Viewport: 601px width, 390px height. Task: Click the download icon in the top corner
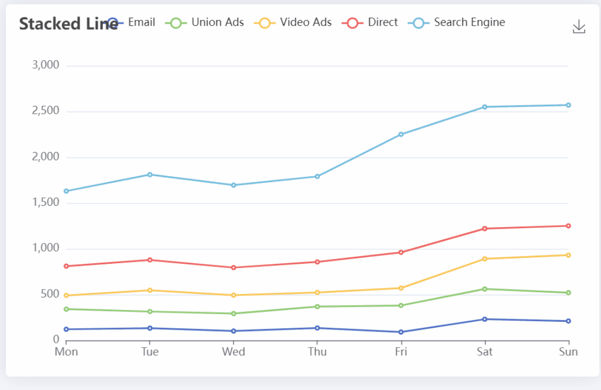click(x=578, y=27)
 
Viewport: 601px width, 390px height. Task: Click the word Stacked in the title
click(x=44, y=24)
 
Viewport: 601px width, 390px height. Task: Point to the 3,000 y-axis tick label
click(x=45, y=66)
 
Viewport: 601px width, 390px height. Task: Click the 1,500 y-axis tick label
click(x=45, y=203)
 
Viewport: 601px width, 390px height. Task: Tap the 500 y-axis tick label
click(x=49, y=294)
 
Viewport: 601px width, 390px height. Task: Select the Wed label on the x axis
click(x=234, y=352)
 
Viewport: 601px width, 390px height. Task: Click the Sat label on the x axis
click(x=485, y=352)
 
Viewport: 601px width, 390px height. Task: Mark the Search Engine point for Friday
click(x=401, y=134)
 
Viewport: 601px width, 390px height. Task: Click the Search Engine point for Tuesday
click(x=150, y=175)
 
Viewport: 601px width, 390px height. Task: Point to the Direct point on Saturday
click(x=485, y=229)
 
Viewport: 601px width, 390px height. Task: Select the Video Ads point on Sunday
click(x=568, y=255)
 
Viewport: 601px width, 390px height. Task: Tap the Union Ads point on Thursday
click(x=317, y=307)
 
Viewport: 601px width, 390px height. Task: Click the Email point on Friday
click(x=401, y=332)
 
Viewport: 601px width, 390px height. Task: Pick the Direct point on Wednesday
click(x=234, y=268)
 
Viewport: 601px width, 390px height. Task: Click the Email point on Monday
click(x=66, y=329)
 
